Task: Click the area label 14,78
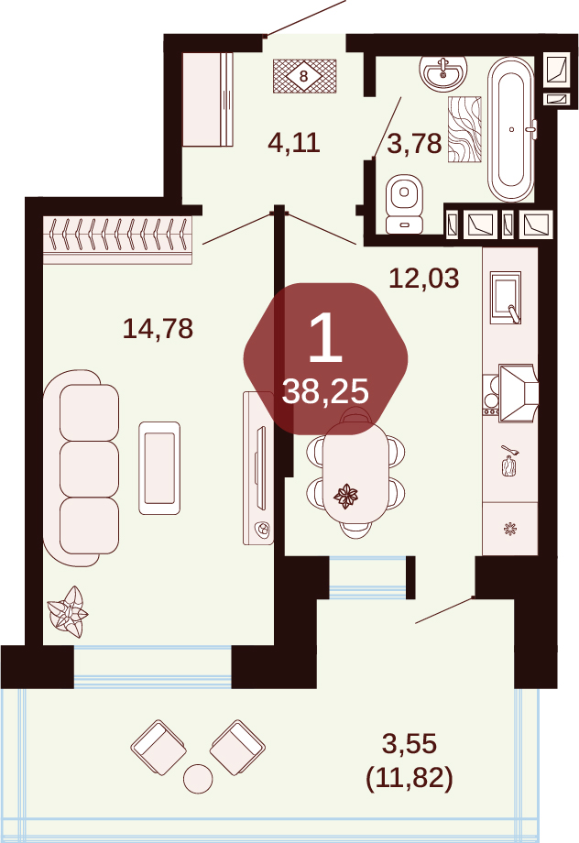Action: [x=158, y=328]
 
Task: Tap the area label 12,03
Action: [x=423, y=279]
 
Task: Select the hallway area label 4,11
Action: [x=294, y=143]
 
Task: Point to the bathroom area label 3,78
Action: [x=414, y=144]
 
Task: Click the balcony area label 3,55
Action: [x=410, y=744]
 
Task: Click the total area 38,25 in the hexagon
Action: [x=325, y=391]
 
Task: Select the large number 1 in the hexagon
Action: [x=326, y=337]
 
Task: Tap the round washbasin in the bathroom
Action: [x=442, y=73]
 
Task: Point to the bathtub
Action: [x=510, y=129]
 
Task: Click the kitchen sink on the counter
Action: [x=506, y=297]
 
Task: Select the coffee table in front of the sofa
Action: [x=159, y=467]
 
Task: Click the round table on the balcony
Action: [x=198, y=779]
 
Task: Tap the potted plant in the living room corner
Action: [x=68, y=612]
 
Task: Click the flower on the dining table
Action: [x=345, y=496]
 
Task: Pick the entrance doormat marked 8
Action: [x=304, y=76]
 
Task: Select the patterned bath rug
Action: [x=464, y=129]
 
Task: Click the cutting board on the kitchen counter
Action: [x=509, y=465]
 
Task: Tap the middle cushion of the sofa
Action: [x=89, y=468]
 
